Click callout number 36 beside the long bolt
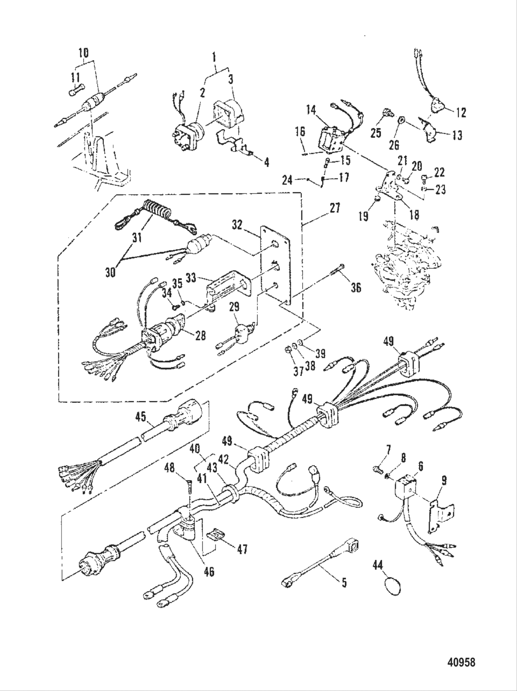355,288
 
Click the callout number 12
460,112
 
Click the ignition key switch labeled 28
165,334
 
